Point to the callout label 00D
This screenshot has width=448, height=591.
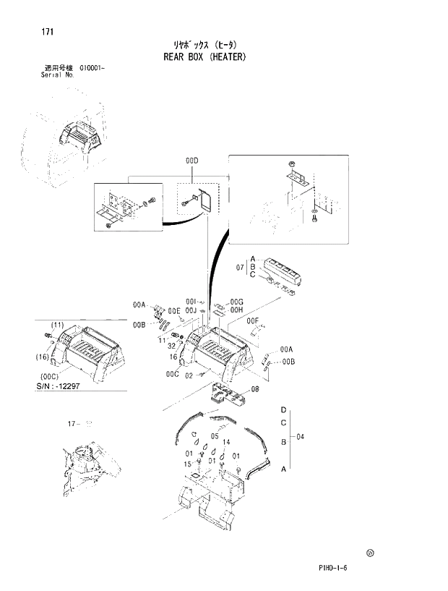tap(191, 160)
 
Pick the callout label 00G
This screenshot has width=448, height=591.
tap(236, 302)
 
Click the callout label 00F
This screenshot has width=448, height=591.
tap(252, 320)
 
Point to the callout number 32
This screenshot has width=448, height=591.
tap(173, 346)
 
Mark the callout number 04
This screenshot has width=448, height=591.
tap(300, 437)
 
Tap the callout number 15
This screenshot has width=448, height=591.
tap(188, 463)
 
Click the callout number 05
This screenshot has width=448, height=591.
tap(215, 437)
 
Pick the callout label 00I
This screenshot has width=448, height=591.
tap(191, 302)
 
